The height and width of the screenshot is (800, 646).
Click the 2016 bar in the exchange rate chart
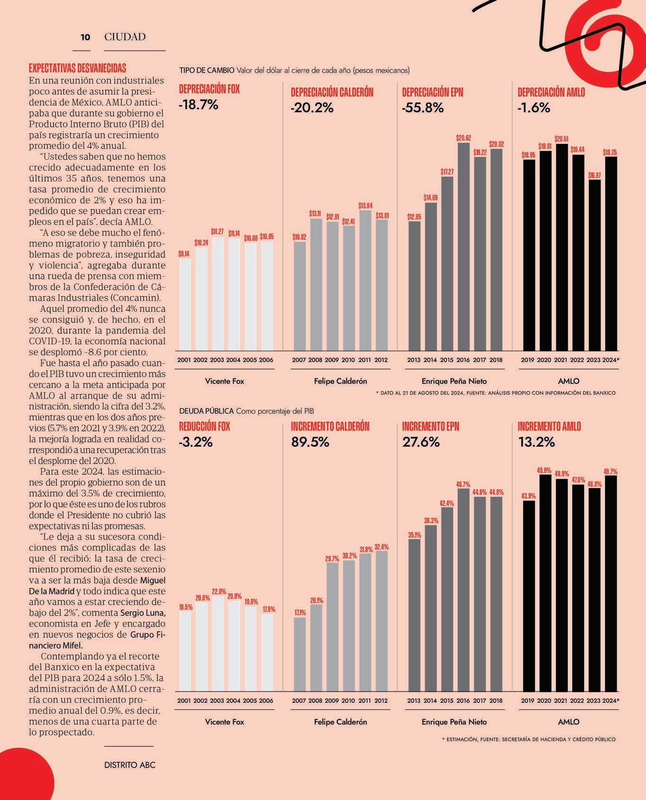point(463,246)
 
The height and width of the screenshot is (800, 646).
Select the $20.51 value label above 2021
point(561,139)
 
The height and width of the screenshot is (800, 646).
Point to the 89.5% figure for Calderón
point(310,442)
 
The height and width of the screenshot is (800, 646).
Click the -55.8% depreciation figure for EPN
point(423,108)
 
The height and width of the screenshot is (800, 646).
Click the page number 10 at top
point(85,37)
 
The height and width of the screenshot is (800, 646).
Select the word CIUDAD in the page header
point(125,37)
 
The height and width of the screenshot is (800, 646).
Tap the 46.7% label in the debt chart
point(463,484)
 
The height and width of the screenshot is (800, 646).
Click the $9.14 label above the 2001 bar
point(184,254)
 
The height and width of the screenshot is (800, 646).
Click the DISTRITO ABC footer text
point(130,765)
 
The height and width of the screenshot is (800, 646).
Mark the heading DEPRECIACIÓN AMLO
point(551,92)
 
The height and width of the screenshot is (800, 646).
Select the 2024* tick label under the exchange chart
point(611,360)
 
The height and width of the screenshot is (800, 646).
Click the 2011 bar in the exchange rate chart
point(364,280)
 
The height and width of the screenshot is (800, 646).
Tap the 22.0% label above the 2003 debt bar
point(217,592)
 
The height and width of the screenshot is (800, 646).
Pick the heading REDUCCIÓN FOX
point(204,427)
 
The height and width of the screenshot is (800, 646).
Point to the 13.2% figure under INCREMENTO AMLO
point(536,442)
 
